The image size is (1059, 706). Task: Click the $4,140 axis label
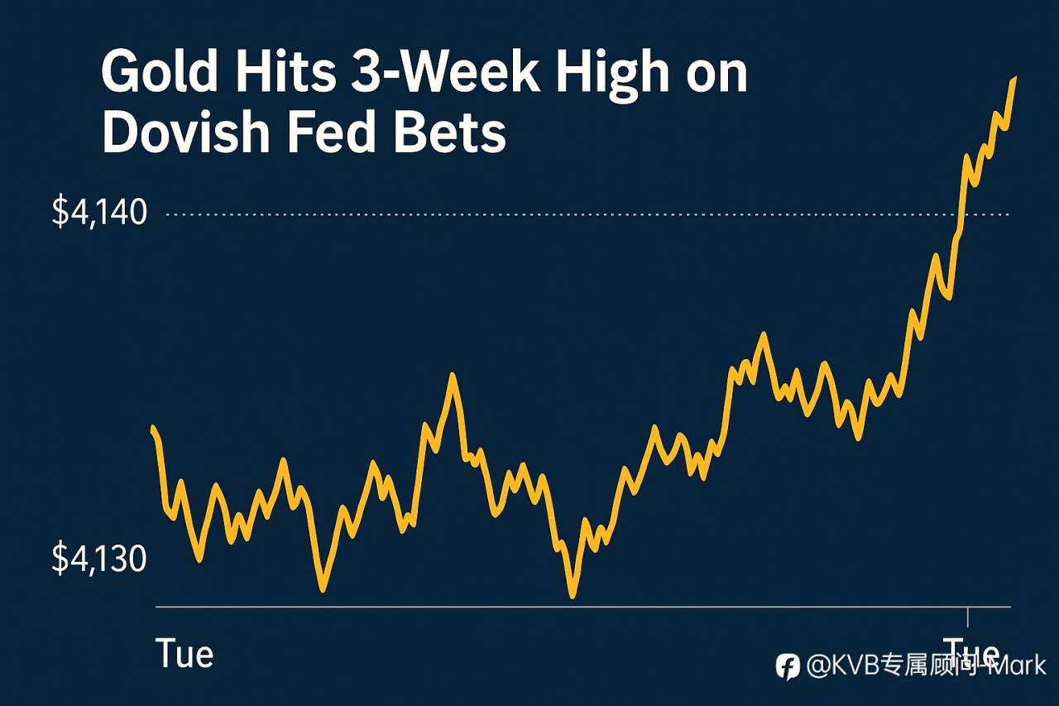99,214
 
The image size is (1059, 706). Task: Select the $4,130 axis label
99,560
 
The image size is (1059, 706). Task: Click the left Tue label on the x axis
184,654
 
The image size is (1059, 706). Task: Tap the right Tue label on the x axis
970,651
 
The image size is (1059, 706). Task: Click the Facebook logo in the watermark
788,666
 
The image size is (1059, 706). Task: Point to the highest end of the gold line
1014,79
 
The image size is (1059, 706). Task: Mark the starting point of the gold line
153,429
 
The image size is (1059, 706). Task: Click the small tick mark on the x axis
967,617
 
